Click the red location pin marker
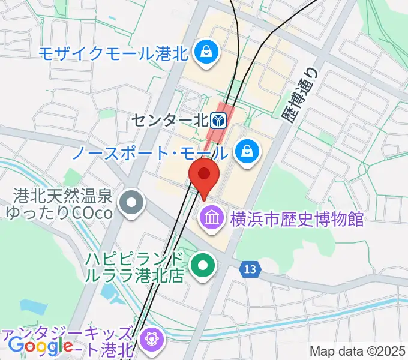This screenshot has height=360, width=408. coord(204,175)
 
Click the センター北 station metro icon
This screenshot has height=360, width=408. coord(219,121)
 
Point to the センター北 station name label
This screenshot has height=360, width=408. coord(172,121)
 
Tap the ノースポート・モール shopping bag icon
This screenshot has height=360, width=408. coord(247,151)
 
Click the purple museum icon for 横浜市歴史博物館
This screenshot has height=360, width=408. coord(211,217)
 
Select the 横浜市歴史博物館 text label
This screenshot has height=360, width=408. coord(297,218)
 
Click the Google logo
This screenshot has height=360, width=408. coord(41,346)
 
